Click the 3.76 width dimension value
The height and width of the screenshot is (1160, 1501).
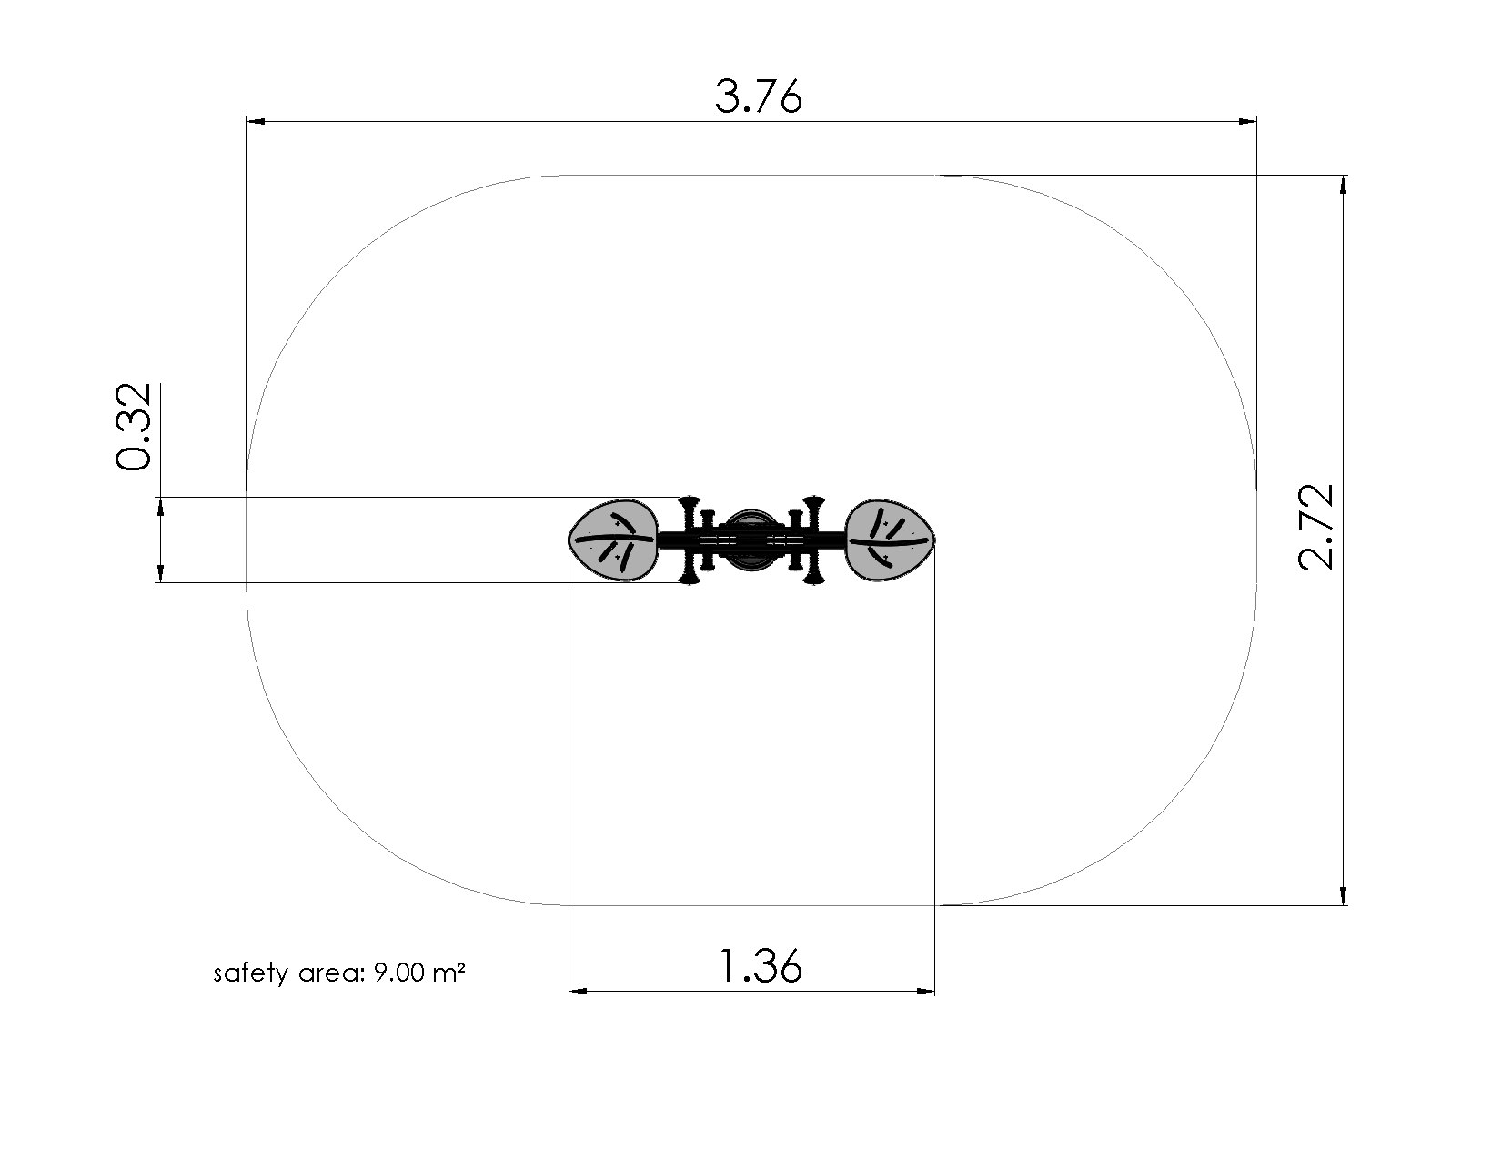pyautogui.click(x=759, y=96)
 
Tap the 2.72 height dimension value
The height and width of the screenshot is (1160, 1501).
pyautogui.click(x=1316, y=527)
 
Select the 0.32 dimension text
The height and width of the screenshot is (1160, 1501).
pyautogui.click(x=134, y=427)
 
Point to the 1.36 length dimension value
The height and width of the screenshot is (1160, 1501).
pyautogui.click(x=760, y=966)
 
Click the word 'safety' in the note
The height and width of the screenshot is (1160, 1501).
pyautogui.click(x=251, y=973)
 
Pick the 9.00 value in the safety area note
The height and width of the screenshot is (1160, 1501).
pyautogui.click(x=399, y=973)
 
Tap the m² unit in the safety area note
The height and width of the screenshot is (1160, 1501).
pyautogui.click(x=449, y=972)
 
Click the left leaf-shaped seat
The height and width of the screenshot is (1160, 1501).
pyautogui.click(x=613, y=540)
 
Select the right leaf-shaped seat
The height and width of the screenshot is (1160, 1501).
pyautogui.click(x=890, y=540)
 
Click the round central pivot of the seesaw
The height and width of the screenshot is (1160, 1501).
pyautogui.click(x=750, y=540)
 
